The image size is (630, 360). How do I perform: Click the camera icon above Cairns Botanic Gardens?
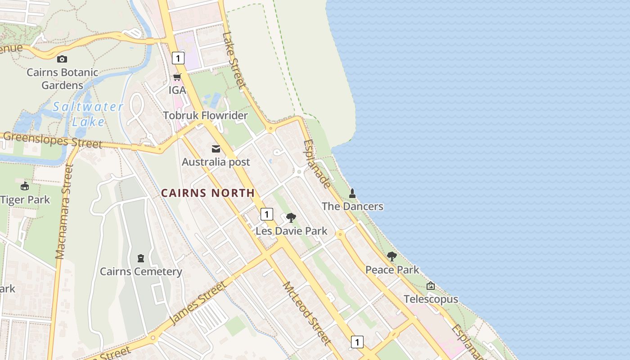click(x=62, y=59)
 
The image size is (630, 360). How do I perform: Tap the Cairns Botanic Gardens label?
click(x=62, y=79)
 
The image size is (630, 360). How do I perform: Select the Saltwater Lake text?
click(x=88, y=114)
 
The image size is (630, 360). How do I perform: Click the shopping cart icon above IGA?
click(x=177, y=77)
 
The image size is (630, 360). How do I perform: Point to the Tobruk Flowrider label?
click(x=205, y=116)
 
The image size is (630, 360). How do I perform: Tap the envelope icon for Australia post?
click(x=216, y=149)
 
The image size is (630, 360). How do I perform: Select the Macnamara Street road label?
click(x=64, y=211)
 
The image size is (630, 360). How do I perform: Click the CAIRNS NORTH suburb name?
click(x=208, y=193)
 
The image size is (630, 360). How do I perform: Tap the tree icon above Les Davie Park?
click(x=291, y=218)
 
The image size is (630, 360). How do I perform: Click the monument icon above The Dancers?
click(x=352, y=193)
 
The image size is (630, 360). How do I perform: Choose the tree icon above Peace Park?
click(x=392, y=256)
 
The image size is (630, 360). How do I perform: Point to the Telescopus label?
click(x=431, y=299)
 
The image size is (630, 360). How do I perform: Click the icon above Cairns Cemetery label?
click(x=141, y=258)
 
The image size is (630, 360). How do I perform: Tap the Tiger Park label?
click(x=25, y=200)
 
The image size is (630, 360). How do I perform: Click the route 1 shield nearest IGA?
click(x=178, y=58)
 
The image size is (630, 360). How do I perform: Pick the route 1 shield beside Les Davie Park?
click(x=266, y=214)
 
